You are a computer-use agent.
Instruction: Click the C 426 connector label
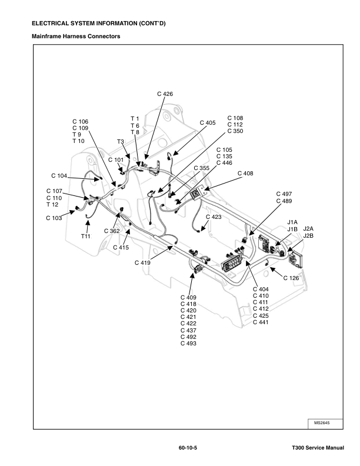[165, 94]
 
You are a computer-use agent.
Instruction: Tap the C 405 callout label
[207, 123]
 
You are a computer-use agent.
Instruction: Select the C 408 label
[245, 174]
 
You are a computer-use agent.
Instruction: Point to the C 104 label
[59, 176]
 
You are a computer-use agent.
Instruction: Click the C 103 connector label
[54, 218]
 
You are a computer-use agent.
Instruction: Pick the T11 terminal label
[86, 236]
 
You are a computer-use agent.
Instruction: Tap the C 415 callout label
[121, 247]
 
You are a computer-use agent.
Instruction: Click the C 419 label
[142, 262]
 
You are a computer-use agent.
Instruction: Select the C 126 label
[291, 278]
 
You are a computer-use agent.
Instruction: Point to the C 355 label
[201, 168]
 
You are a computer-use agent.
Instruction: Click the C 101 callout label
[116, 159]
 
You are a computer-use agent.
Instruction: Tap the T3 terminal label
[120, 142]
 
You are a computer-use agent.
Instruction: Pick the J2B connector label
[308, 235]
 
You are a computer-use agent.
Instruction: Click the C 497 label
[284, 194]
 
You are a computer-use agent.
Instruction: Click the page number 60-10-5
[188, 448]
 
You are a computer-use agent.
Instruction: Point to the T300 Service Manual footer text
[318, 448]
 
